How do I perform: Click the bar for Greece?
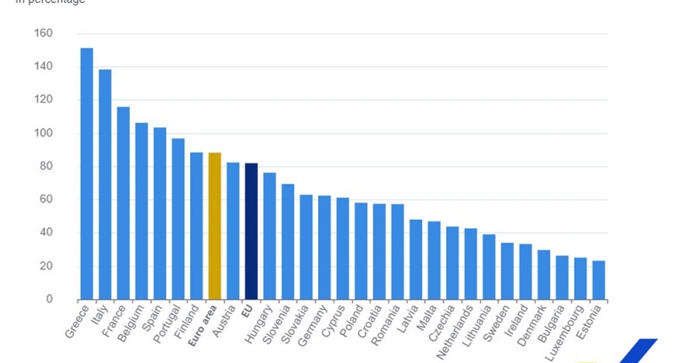[86, 173]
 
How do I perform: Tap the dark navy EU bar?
[251, 231]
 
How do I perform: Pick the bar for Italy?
[105, 184]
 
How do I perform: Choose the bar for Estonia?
[599, 280]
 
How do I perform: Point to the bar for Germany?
[324, 248]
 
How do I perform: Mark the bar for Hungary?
[269, 236]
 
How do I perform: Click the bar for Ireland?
[525, 271]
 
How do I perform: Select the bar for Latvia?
[416, 259]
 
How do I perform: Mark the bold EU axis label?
[246, 312]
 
